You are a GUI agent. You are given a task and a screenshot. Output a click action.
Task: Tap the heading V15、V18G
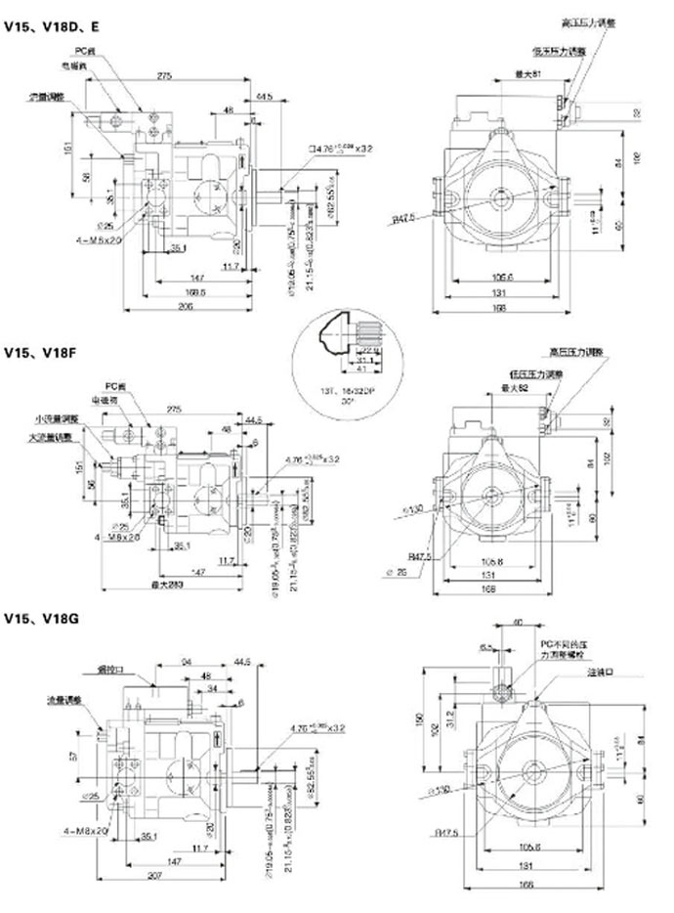(40, 619)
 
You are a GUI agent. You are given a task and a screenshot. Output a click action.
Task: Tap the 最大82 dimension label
(527, 388)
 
